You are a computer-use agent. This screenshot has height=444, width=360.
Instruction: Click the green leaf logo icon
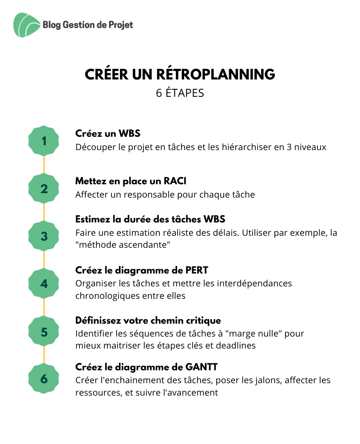[x=27, y=25]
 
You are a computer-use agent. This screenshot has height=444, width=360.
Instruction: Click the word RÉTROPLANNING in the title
[x=215, y=74]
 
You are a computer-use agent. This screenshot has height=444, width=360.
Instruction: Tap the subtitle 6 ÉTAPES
[x=180, y=93]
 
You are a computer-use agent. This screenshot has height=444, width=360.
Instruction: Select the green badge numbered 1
[x=44, y=141]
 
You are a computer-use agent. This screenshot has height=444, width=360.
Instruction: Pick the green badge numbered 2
[x=44, y=189]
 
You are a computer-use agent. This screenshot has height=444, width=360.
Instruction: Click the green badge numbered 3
[x=44, y=236]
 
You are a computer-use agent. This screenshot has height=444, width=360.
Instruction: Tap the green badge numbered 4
[x=44, y=284]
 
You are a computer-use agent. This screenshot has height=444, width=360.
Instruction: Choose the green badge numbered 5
[x=44, y=332]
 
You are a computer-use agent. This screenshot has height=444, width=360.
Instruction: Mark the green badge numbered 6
[x=44, y=379]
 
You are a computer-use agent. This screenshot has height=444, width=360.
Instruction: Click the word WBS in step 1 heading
[x=129, y=133]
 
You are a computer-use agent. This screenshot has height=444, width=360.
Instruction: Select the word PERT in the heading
[x=197, y=270]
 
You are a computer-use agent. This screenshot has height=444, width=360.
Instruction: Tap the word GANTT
[x=202, y=367]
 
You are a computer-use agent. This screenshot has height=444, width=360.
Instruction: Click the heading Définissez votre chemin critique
[x=148, y=321]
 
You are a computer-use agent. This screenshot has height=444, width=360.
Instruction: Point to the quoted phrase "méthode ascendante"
[x=123, y=245]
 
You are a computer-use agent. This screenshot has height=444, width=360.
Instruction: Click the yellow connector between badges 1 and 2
[x=44, y=165]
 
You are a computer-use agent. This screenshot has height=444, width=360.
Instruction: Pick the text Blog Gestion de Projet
[x=88, y=25]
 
